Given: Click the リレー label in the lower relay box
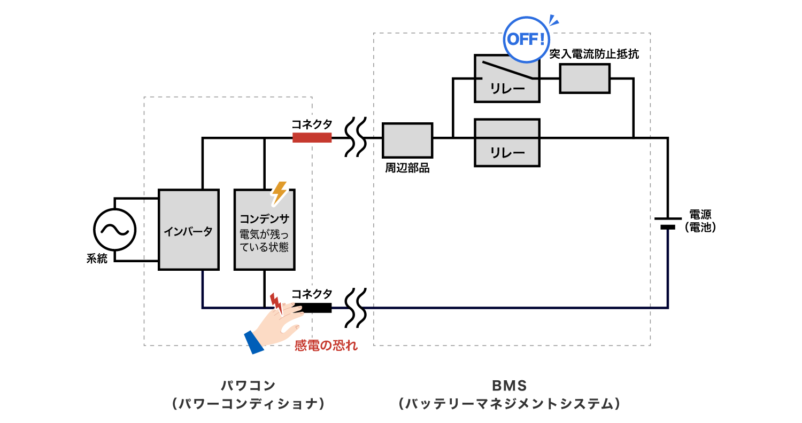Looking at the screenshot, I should click(507, 153).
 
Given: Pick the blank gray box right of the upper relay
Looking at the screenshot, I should click(584, 79).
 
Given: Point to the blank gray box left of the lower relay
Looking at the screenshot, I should click(407, 140).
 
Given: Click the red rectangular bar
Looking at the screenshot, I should click(312, 138).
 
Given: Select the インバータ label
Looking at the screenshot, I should click(188, 232).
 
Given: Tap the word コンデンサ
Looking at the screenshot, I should click(264, 218).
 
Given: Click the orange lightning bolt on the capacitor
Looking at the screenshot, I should click(279, 192).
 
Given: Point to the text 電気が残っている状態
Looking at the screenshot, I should click(264, 241).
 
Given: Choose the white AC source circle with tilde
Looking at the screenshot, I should click(114, 230).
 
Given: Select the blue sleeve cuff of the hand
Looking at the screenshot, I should click(254, 342).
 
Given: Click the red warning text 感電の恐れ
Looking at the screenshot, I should click(326, 346).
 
